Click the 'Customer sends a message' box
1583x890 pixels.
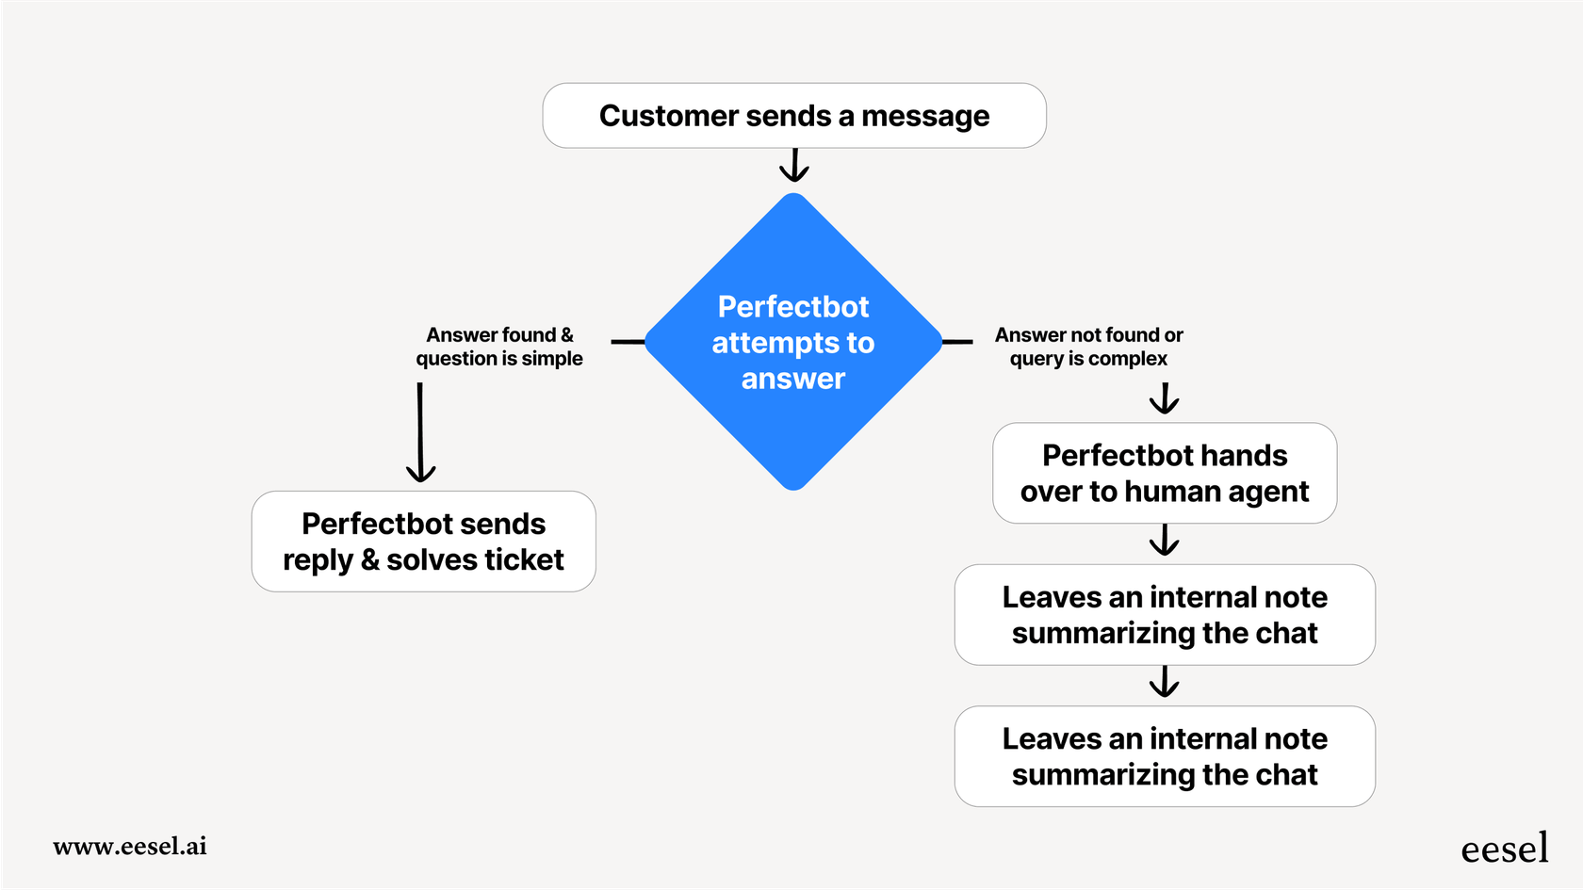coord(793,115)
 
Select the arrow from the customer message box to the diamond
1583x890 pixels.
coord(794,165)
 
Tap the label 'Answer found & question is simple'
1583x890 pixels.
coord(499,347)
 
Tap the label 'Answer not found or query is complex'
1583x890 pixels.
coord(1088,347)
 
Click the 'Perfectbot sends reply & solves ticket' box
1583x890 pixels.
coord(423,542)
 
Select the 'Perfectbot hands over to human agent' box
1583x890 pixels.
coord(1165,473)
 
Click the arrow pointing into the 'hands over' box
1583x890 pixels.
coord(1165,398)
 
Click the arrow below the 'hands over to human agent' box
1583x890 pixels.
coord(1165,541)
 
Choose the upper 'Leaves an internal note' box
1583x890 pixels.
coord(1165,615)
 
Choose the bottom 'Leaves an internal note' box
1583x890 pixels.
coord(1165,756)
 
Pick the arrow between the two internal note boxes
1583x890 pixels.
coord(1165,682)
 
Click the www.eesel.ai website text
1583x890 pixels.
coord(130,846)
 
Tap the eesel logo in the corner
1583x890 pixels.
coord(1504,849)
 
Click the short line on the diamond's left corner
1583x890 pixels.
coord(628,341)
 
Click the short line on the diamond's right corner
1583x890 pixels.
coord(957,342)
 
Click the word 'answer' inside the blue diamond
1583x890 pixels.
coord(793,379)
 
